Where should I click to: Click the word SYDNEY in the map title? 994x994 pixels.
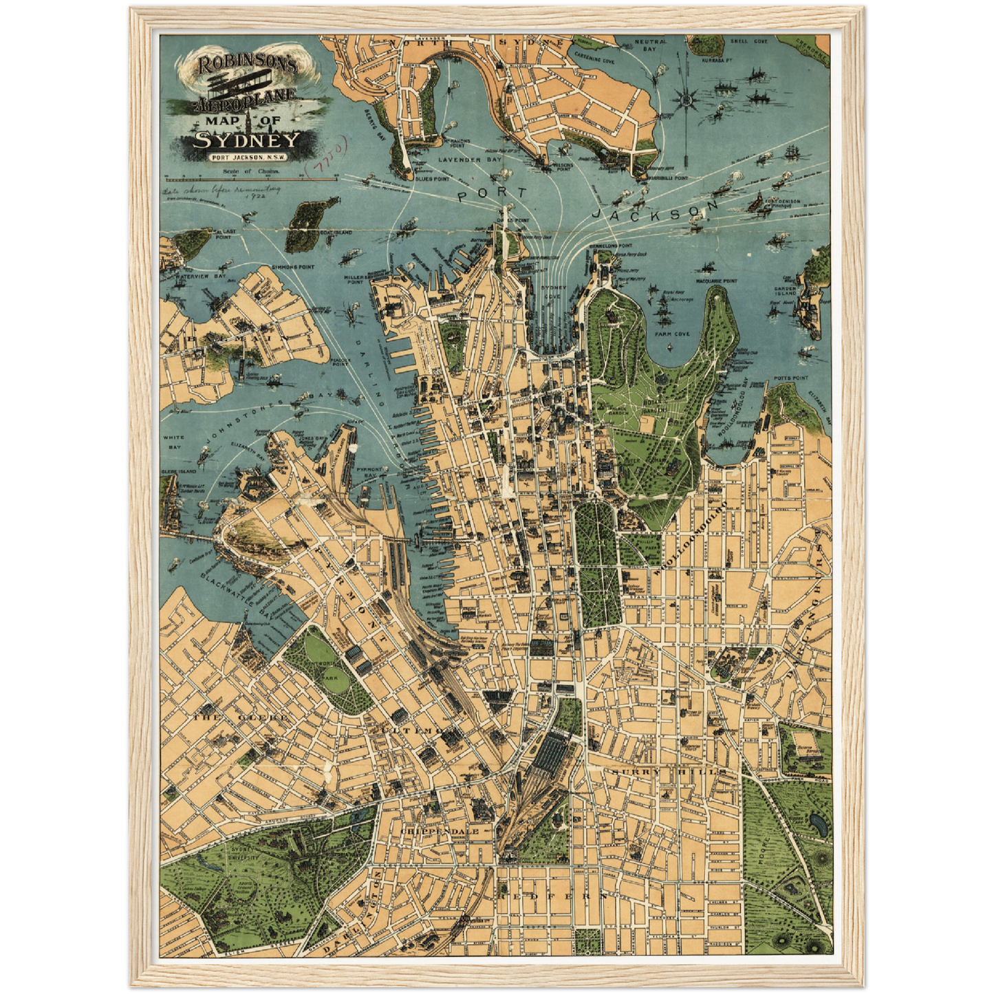[x=246, y=140]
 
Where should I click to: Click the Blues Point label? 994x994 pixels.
[x=433, y=178]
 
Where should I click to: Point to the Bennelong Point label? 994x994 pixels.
[x=611, y=246]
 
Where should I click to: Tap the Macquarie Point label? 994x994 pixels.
[x=716, y=281]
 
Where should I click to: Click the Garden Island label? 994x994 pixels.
[x=785, y=292]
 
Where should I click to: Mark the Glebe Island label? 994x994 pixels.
[x=178, y=472]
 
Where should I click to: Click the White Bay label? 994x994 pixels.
[x=172, y=442]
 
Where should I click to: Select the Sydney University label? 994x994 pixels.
[x=244, y=854]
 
